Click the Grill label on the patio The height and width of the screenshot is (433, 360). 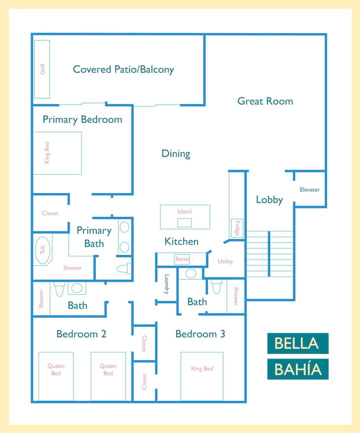point(42,69)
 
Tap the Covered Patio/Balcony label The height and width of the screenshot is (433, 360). point(123,69)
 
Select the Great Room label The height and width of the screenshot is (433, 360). point(265,101)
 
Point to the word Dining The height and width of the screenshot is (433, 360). point(176,154)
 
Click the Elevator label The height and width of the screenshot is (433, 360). point(310,189)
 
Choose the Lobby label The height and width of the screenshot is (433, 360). point(269,199)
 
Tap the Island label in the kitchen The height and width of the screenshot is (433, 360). point(184,211)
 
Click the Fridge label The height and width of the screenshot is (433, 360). point(237,228)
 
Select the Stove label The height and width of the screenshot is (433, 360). point(182,259)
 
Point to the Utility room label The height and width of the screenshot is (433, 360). point(225,261)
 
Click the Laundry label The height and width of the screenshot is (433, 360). point(166,284)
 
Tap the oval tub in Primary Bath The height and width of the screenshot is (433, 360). point(42,250)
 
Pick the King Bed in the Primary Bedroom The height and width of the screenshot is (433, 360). point(57,153)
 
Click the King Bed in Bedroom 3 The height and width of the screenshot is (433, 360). point(202,376)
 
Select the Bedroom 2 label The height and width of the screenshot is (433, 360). point(81,334)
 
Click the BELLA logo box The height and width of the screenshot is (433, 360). point(298,343)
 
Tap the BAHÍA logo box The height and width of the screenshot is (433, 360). point(298,369)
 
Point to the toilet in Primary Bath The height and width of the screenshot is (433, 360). point(123,268)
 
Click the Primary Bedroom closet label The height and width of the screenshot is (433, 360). point(50,213)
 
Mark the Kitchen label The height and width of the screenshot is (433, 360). point(181,241)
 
